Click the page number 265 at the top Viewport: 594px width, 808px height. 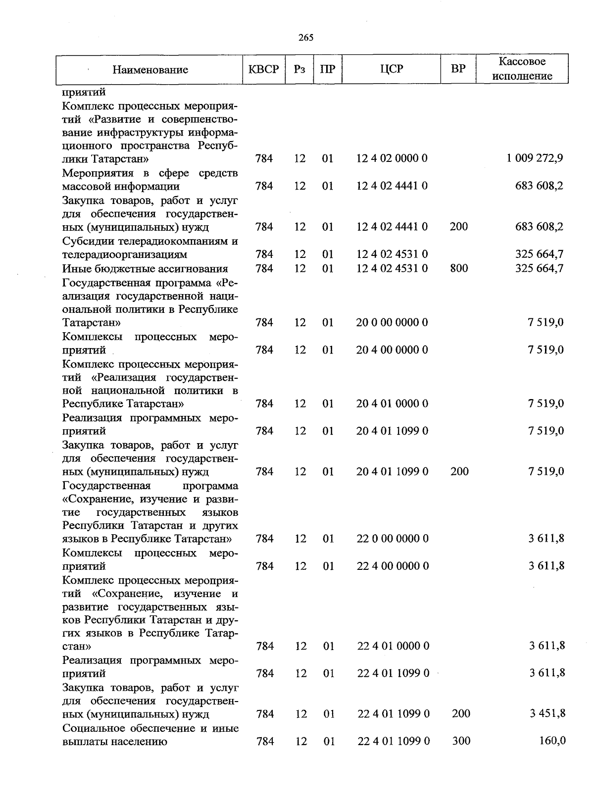tap(306, 38)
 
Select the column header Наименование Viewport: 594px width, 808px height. tap(150, 70)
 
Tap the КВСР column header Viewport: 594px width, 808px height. tap(263, 69)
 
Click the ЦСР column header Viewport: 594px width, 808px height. tap(392, 69)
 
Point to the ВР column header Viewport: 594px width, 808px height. tap(458, 69)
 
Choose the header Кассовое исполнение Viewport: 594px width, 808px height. tap(522, 69)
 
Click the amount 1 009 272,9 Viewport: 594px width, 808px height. tap(535, 158)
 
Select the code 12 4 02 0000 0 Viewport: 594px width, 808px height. tap(392, 158)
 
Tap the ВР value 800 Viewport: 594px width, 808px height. tap(459, 268)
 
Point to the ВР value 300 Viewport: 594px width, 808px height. tap(461, 741)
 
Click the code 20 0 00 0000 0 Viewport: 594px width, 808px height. tap(392, 323)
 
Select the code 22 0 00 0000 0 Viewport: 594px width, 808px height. tap(393, 539)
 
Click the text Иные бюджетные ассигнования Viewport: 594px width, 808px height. tap(145, 269)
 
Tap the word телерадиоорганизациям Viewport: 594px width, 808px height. tap(125, 255)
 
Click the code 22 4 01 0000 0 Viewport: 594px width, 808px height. tap(393, 646)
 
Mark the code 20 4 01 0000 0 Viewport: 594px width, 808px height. tap(392, 404)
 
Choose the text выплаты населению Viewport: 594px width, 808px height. tap(115, 742)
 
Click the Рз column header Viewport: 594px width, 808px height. tap(299, 69)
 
